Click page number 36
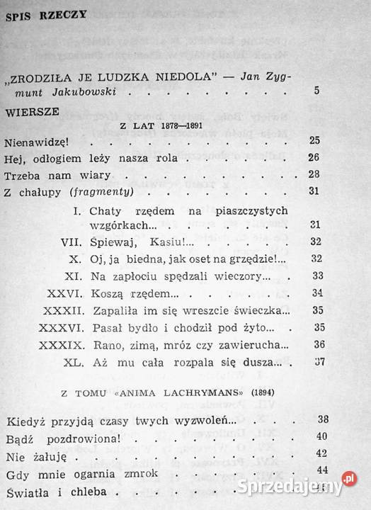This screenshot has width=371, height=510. coord(318,345)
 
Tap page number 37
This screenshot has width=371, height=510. coord(318,362)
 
